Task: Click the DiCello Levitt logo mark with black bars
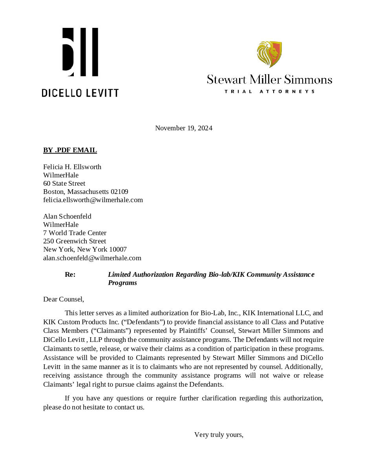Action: pos(80,52)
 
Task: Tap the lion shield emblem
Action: pos(269,54)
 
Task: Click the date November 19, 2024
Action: pos(184,128)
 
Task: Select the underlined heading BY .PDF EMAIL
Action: pos(70,150)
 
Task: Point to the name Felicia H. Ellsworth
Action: pos(72,167)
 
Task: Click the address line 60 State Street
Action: pos(64,183)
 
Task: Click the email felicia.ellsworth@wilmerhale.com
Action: pos(93,200)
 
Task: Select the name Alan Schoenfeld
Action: pos(67,216)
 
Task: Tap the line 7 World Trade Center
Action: pos(75,233)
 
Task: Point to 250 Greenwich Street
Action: pos(75,241)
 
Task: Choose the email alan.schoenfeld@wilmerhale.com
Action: pos(92,258)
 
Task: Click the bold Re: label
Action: pos(70,274)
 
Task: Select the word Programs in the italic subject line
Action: pos(122,283)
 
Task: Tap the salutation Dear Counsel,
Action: pos(64,299)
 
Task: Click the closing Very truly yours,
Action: pos(219,435)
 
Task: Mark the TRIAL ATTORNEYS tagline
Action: pos(269,91)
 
